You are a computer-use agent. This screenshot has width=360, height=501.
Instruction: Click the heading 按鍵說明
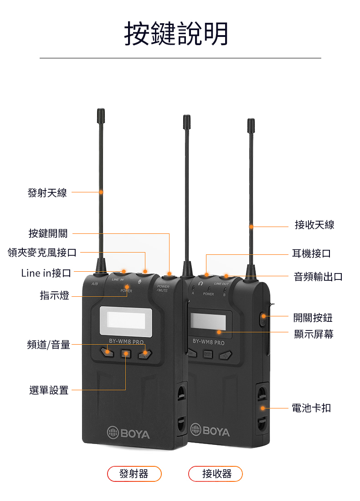(176, 33)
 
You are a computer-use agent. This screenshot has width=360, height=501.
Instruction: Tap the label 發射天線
(47, 193)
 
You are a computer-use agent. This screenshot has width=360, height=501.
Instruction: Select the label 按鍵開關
(48, 233)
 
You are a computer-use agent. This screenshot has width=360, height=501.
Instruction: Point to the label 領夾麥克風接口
(42, 253)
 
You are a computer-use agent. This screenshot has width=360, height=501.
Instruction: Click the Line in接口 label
(46, 273)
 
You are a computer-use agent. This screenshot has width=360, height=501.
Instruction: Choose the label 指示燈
(54, 295)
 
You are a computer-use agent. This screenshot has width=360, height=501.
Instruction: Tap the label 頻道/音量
(49, 345)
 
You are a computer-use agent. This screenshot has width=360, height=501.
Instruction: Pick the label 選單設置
(49, 390)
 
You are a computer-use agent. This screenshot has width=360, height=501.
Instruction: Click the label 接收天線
(314, 225)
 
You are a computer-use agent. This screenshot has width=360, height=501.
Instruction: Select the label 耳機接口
(311, 253)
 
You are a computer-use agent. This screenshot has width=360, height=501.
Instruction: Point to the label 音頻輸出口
(318, 276)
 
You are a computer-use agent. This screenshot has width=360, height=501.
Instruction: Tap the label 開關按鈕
(313, 318)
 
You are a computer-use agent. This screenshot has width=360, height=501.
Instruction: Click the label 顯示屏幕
(314, 334)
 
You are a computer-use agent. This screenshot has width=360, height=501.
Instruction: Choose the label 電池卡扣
(311, 408)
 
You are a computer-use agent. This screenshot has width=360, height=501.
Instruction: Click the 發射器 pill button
(134, 474)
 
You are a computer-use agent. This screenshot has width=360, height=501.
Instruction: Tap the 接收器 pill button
(216, 474)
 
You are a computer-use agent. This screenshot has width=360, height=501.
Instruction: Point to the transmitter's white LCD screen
(126, 321)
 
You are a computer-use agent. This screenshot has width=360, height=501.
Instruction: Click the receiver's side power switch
(262, 319)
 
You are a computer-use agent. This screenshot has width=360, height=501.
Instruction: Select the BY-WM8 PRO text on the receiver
(209, 342)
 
